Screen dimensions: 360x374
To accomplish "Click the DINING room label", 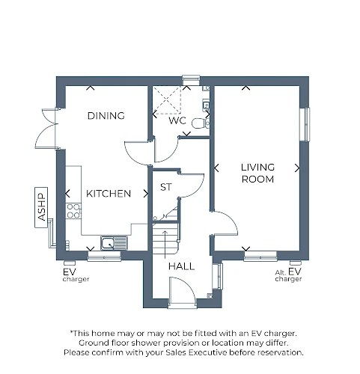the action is (106, 116).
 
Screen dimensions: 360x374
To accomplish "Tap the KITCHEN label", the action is (109, 194).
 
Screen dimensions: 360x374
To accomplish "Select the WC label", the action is (177, 120).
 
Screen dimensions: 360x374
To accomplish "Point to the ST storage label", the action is (166, 187).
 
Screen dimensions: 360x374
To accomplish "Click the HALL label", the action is (181, 266).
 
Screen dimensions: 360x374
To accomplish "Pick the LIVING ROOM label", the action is (257, 173).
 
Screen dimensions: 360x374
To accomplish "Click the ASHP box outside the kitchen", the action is (41, 207).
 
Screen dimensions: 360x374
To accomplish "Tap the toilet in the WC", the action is (201, 123).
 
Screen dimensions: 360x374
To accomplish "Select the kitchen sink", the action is (114, 243).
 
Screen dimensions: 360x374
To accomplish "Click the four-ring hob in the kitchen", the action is (73, 211).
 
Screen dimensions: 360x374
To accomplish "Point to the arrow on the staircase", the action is (165, 245).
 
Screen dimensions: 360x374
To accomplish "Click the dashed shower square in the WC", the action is (167, 100).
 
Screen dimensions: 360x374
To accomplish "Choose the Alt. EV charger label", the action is (288, 275).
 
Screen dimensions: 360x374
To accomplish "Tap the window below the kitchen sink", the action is (104, 256).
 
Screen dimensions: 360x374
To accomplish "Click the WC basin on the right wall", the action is (206, 105).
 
